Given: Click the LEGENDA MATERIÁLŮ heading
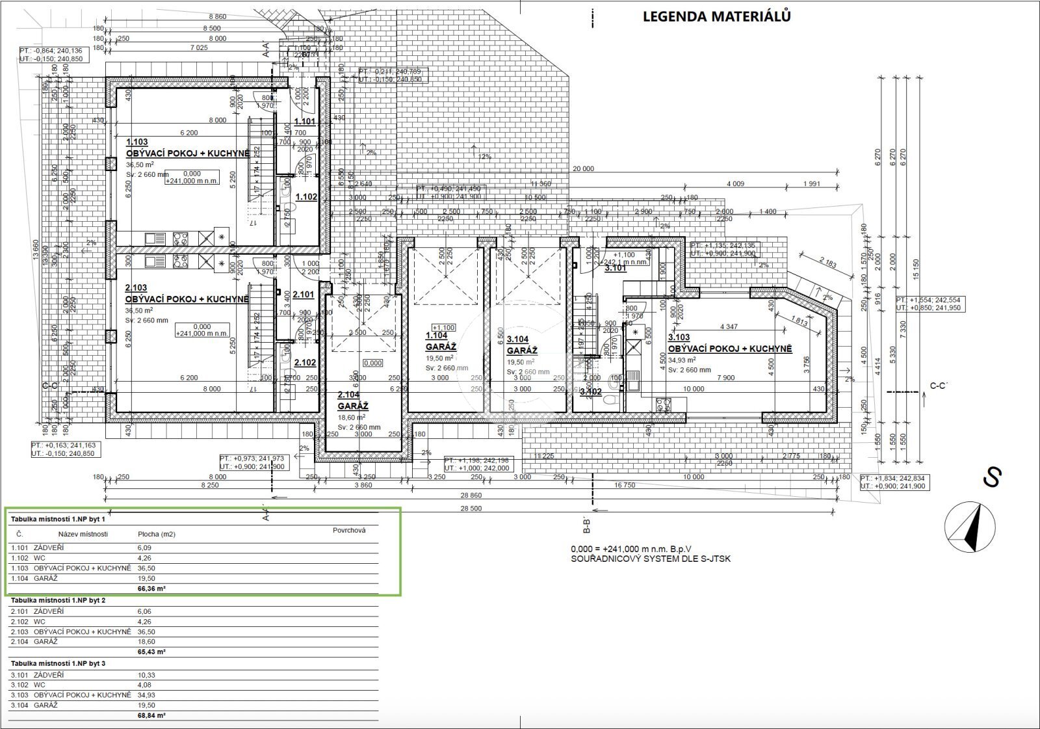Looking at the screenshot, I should click(716, 17).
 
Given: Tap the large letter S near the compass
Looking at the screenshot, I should click(991, 478).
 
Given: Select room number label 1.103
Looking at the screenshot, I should click(137, 142).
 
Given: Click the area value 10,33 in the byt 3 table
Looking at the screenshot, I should click(146, 675).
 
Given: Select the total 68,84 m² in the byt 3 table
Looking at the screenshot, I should click(152, 715).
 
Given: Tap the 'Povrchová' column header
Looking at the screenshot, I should click(349, 530).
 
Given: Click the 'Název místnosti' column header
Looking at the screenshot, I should click(83, 534).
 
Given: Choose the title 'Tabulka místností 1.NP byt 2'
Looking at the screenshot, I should click(58, 600).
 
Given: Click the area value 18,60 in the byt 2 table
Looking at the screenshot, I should click(146, 642).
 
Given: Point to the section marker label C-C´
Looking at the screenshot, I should click(939, 386).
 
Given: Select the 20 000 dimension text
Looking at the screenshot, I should click(583, 169).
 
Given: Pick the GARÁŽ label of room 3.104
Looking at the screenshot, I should click(522, 351).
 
